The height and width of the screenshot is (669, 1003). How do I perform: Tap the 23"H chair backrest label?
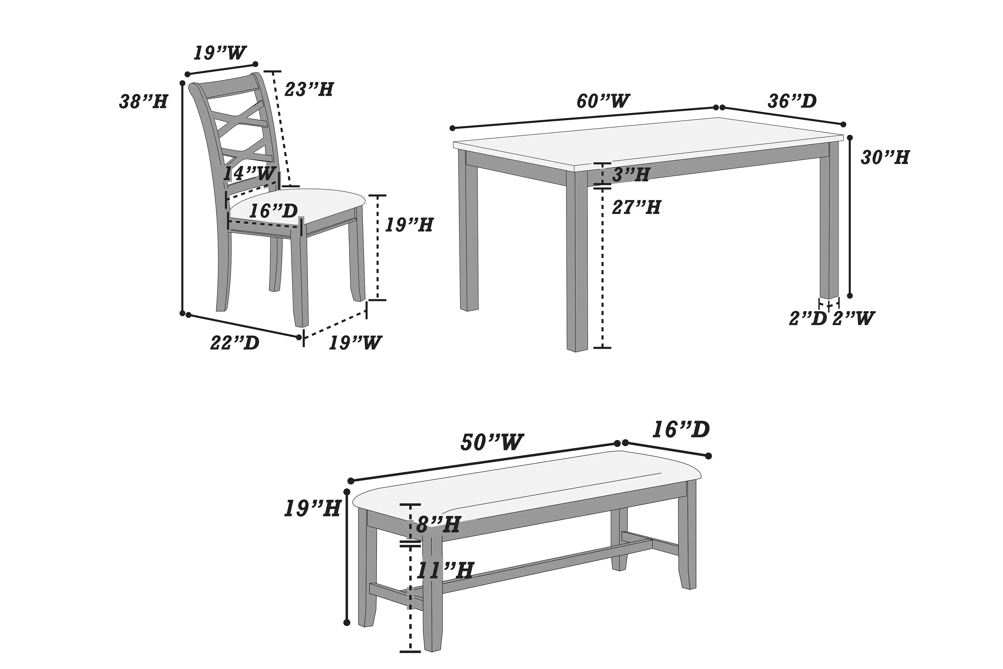309,89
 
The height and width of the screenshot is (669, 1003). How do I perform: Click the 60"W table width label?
603,101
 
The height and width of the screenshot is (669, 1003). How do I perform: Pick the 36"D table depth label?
792,101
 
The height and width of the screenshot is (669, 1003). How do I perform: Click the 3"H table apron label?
631,174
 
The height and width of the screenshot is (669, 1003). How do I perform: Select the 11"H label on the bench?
445,570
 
